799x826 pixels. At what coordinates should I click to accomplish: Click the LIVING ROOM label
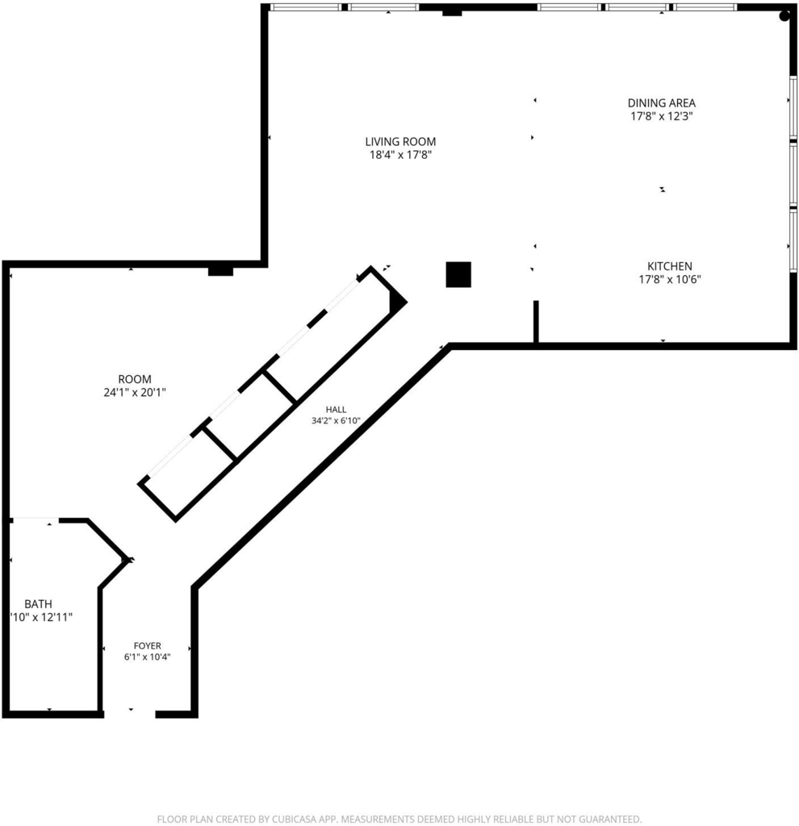pos(400,141)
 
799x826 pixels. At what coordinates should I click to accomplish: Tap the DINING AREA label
pos(662,102)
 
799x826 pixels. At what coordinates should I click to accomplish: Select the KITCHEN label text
pos(669,266)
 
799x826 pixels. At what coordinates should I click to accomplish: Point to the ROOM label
pos(135,379)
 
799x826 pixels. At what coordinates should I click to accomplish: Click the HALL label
pos(336,409)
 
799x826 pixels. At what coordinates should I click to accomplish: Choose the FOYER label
pos(148,645)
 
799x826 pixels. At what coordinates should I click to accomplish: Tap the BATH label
pos(39,603)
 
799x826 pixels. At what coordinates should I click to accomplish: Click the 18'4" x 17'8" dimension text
pos(400,155)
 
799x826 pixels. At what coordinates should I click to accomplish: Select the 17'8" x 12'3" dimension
pos(662,116)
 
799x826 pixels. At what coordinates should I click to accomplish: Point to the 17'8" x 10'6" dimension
pos(669,279)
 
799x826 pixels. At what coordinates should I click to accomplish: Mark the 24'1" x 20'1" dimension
pos(135,392)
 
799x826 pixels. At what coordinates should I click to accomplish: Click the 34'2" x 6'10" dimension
pos(336,420)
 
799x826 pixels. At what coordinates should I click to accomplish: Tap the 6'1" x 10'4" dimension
pos(148,657)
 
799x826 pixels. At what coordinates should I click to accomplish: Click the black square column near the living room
pos(458,274)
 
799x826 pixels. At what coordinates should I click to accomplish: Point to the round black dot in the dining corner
pos(784,16)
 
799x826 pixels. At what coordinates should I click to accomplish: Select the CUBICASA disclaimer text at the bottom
pos(399,820)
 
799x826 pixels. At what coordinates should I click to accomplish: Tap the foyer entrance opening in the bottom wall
pos(130,715)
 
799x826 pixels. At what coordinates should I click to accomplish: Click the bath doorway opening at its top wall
pos(36,520)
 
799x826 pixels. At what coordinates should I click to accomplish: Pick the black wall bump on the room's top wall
pos(220,271)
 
